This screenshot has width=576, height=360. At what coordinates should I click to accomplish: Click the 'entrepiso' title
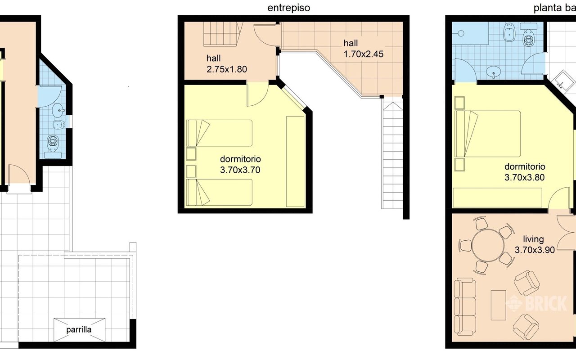(288, 8)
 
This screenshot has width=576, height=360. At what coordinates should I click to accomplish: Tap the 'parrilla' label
(79, 330)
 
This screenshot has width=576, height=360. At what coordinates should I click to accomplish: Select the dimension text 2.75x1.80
(226, 69)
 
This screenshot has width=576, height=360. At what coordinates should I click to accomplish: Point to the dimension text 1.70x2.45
(363, 54)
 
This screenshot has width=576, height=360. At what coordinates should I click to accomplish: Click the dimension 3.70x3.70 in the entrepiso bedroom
(240, 170)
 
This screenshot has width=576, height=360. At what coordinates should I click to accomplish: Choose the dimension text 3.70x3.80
(524, 177)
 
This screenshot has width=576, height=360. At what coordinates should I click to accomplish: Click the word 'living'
(533, 239)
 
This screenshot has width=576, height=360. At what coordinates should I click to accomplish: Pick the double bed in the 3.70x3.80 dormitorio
(487, 134)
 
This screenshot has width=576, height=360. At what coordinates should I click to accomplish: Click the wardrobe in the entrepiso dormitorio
(295, 162)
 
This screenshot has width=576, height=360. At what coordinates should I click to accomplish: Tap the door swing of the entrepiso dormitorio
(258, 94)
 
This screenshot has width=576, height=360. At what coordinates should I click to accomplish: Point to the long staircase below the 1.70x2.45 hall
(392, 155)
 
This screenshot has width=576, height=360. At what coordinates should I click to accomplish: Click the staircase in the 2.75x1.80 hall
(223, 34)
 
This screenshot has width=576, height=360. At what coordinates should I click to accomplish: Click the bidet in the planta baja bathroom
(509, 32)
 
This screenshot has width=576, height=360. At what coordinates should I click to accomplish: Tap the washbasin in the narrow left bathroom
(58, 110)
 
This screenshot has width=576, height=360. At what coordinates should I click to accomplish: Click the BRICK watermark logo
(536, 303)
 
